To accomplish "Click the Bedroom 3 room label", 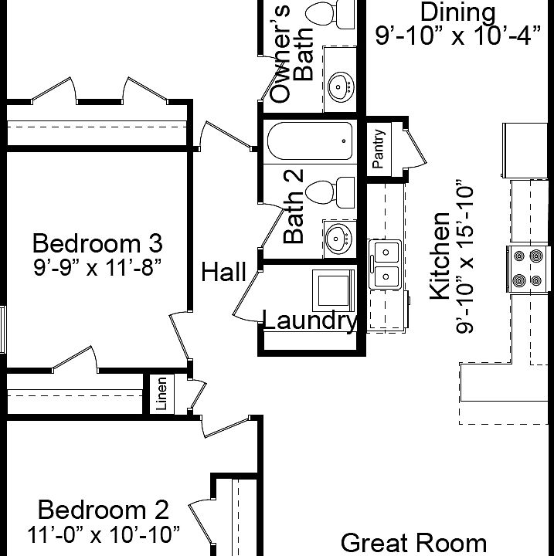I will (x=97, y=243).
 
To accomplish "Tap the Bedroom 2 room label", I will (x=103, y=510).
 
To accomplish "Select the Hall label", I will (x=224, y=272).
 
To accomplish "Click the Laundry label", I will (x=310, y=320).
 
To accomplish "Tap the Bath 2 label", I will (x=294, y=207).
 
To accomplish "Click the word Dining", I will (x=457, y=12).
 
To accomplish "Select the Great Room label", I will (x=413, y=543).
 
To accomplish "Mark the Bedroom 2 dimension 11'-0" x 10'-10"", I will (x=103, y=534).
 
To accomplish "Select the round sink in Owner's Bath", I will (x=339, y=86).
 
